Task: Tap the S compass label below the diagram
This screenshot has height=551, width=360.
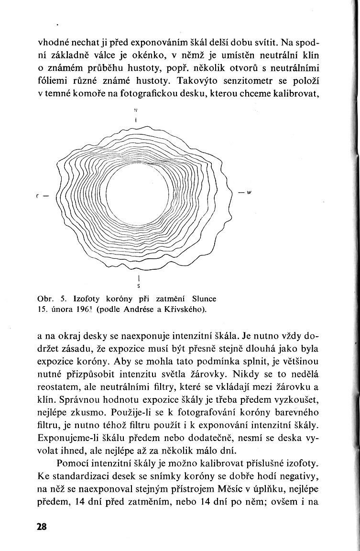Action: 137,287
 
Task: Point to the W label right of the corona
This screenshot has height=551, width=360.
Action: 249,193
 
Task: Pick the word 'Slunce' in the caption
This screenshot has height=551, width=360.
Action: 202,298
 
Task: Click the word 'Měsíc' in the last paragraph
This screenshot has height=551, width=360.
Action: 232,485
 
